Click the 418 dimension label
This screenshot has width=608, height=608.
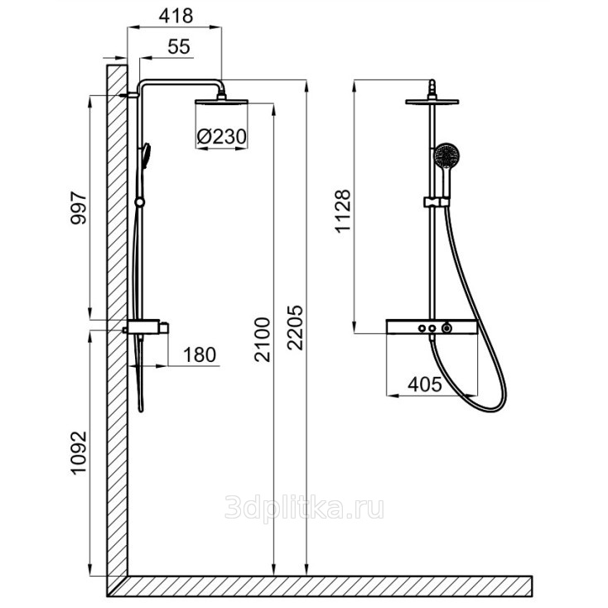176,17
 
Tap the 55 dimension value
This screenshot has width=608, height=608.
179,47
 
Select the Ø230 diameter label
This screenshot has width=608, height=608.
221,137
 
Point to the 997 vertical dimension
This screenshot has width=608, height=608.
79,208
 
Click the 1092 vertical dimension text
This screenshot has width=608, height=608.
79,452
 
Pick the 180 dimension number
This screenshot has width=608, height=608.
200,355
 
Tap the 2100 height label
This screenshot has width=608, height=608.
263,340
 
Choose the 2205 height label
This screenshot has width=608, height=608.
296,328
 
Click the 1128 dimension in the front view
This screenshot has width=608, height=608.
343,211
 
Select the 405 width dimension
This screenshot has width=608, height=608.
425,384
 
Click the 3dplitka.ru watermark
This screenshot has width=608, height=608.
304,508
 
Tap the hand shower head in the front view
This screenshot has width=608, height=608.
446,156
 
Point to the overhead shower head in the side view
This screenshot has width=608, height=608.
221,102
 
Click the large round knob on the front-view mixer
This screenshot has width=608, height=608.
447,328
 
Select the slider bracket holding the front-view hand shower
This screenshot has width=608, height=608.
437,201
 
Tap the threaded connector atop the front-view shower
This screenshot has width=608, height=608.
432,89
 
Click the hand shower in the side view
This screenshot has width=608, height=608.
146,157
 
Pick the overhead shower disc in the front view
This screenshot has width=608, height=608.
432,102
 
